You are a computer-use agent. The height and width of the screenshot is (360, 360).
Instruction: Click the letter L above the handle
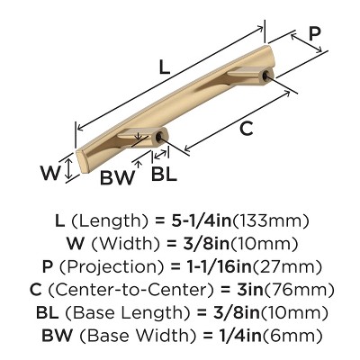pyautogui.click(x=165, y=67)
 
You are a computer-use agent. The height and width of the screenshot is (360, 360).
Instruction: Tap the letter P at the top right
pyautogui.click(x=315, y=33)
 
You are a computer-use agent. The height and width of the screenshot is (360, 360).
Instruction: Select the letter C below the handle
pyautogui.click(x=247, y=129)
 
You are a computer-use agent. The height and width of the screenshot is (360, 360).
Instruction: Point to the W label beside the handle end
pyautogui.click(x=50, y=173)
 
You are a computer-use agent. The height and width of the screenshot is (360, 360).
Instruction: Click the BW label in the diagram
pyautogui.click(x=116, y=177)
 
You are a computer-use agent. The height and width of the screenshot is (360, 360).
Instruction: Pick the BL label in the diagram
pyautogui.click(x=164, y=173)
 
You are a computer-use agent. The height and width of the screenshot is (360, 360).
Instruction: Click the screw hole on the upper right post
pyautogui.click(x=265, y=76)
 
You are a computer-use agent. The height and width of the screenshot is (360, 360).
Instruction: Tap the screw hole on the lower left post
pyautogui.click(x=158, y=138)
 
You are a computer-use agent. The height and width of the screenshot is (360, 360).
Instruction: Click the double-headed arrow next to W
pyautogui.click(x=69, y=169)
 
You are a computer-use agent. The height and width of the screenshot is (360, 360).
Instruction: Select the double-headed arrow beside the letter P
pyautogui.click(x=307, y=43)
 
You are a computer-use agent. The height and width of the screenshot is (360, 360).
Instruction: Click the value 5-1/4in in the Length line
pyautogui.click(x=202, y=221)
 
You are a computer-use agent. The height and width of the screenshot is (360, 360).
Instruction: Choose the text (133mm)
pyautogui.click(x=271, y=221)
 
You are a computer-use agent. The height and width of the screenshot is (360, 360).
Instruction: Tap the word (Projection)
pyautogui.click(x=112, y=267)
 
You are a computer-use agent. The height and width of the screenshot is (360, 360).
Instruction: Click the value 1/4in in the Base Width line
pyautogui.click(x=239, y=336)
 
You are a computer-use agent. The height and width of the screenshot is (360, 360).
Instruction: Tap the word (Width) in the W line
pyautogui.click(x=124, y=244)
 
